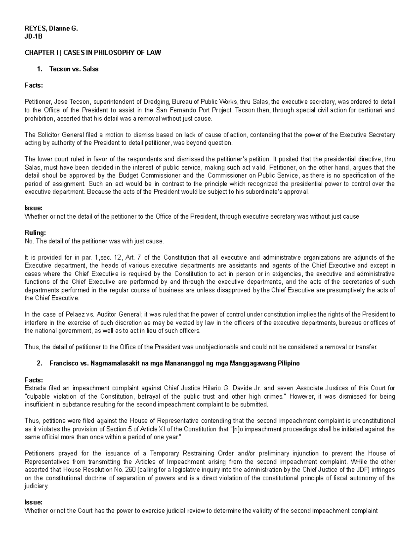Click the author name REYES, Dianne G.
51,29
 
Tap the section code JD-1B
33,36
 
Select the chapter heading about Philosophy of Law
93,53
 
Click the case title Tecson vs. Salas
74,69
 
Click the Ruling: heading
35,233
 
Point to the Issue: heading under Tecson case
34,208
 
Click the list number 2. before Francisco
39,364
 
